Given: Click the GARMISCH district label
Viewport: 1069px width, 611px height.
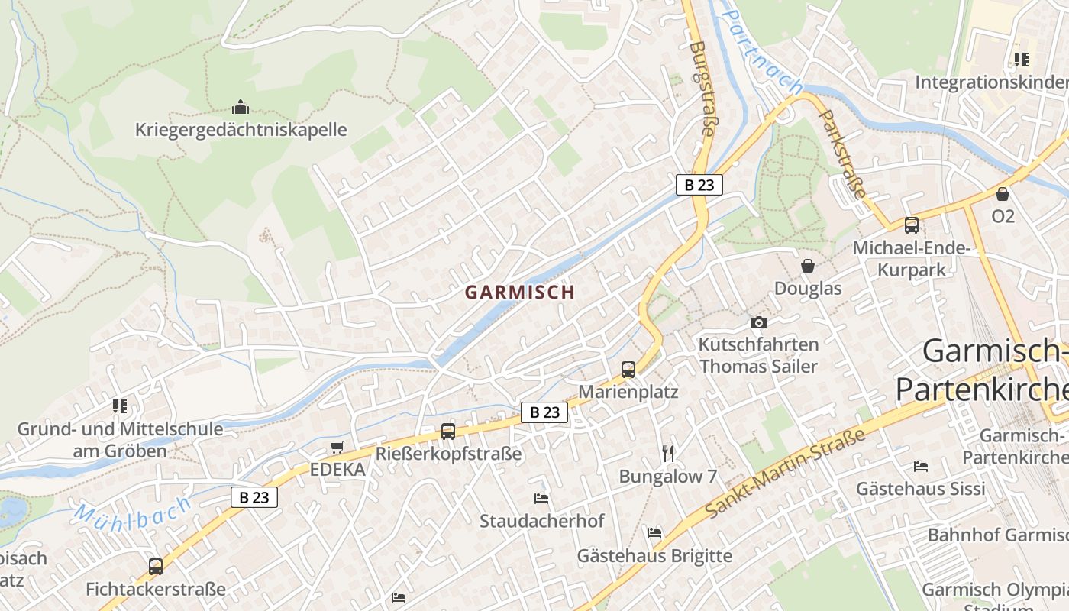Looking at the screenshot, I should tap(519, 292).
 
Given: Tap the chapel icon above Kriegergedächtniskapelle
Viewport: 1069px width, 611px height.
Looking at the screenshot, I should tap(241, 107).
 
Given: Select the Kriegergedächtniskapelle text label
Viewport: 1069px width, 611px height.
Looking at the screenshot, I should tap(241, 130).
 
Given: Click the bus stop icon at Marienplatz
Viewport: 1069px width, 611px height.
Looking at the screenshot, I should tap(628, 370).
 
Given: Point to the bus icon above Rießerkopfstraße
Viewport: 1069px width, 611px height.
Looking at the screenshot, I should tap(448, 432).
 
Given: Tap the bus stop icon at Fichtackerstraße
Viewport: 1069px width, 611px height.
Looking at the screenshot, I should tap(156, 567).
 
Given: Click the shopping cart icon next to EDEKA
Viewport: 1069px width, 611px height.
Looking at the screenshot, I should tap(337, 448).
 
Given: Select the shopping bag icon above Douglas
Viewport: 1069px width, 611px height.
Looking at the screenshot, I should tap(808, 266).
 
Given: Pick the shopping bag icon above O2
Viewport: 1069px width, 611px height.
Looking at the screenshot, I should tap(1003, 194).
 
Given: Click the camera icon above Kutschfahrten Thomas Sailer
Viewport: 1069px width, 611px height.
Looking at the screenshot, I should tap(758, 322).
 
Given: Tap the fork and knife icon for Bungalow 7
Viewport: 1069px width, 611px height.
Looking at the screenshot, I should tap(668, 454).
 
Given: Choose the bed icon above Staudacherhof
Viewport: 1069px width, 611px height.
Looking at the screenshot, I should tap(541, 499).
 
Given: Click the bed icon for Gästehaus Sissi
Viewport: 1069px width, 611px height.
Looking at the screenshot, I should tap(921, 466).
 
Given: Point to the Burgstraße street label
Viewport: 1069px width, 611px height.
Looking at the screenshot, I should tap(701, 89).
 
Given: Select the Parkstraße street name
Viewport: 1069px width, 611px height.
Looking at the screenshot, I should tap(841, 154).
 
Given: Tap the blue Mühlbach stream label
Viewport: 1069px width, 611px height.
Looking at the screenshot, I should tap(134, 511).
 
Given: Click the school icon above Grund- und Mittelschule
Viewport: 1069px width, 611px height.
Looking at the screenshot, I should tap(120, 406).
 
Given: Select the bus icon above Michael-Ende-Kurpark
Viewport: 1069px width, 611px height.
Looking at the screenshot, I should tap(911, 225).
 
